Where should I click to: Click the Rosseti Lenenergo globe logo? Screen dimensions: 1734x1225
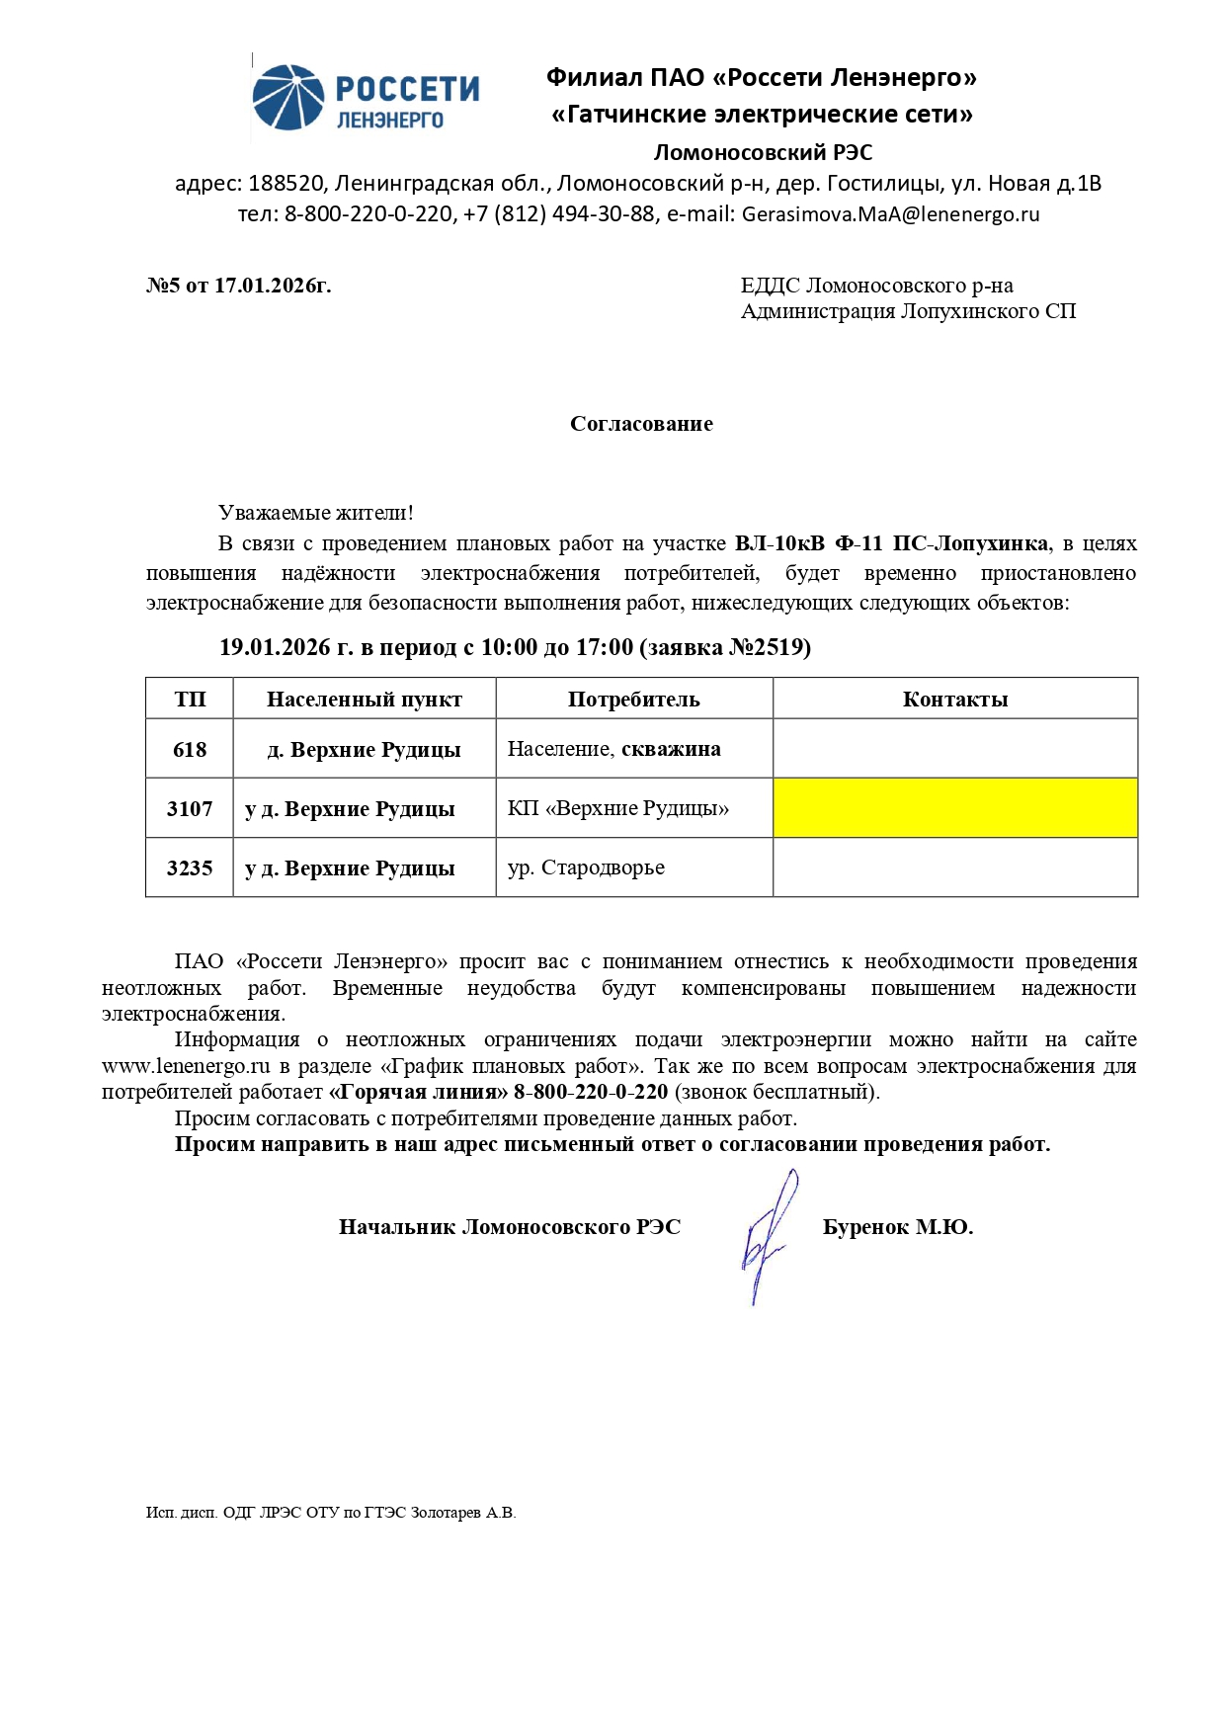pos(287,98)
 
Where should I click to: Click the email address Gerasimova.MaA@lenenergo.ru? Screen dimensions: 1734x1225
pos(890,214)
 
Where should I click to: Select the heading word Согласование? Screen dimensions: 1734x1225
pos(641,424)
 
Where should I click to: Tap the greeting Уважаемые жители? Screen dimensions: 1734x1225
pos(316,513)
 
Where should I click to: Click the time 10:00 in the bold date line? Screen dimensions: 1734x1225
pos(508,647)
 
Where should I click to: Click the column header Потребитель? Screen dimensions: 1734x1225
pos(633,700)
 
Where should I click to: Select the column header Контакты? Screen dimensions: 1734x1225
pos(954,700)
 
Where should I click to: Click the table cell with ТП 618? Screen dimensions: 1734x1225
pos(190,749)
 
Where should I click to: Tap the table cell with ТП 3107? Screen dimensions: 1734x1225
pos(190,808)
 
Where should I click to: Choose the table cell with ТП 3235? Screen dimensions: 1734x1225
pos(190,867)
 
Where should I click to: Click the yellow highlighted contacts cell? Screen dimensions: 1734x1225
pos(954,808)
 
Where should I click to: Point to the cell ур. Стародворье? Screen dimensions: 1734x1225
pos(586,867)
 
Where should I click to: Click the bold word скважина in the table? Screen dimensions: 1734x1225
pos(671,749)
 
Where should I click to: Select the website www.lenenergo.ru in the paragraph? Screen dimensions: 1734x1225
pos(186,1066)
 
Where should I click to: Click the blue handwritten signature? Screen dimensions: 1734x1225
pos(769,1235)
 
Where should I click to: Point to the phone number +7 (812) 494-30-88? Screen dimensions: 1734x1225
pos(558,214)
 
